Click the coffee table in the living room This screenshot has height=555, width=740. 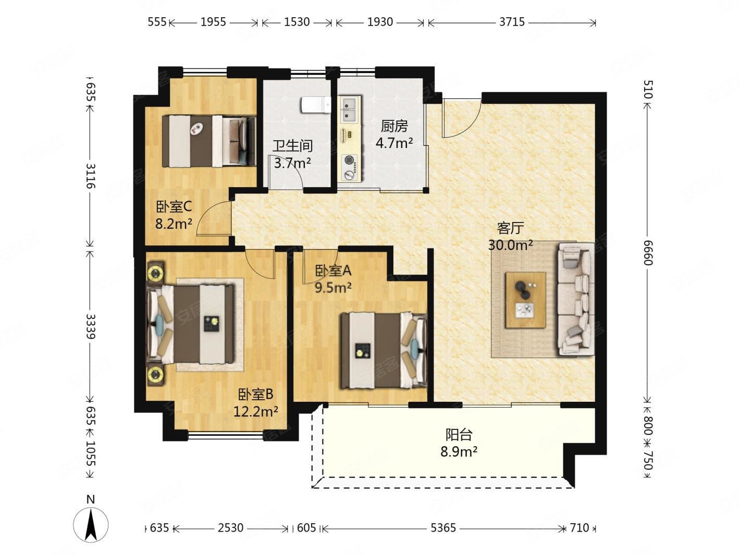coord(525,300)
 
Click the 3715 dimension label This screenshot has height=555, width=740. coord(512,22)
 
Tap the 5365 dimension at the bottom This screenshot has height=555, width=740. coord(443,527)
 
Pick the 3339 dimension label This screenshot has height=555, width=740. coord(91,326)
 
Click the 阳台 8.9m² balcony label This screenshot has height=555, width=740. coord(459,443)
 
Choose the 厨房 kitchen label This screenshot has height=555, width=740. coord(394,126)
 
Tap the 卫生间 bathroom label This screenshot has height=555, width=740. coord(292,146)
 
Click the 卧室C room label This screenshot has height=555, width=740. coord(174,206)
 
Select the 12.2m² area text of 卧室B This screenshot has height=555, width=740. coord(256,412)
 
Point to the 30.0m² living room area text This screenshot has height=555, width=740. coord(510,245)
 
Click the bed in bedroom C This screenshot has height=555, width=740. coord(208,141)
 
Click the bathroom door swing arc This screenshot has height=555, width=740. coord(294,168)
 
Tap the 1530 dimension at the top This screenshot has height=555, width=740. coord(297,22)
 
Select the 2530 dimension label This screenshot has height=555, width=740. coord(230,527)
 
